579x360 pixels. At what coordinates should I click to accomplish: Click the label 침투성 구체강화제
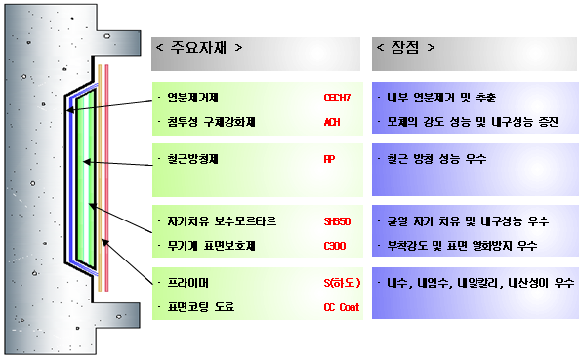tap(211, 122)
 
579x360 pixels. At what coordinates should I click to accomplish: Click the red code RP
tap(328, 158)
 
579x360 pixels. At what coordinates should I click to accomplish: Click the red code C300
tap(334, 245)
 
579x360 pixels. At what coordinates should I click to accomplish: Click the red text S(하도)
tap(342, 283)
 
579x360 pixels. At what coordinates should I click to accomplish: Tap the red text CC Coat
tap(342, 307)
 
